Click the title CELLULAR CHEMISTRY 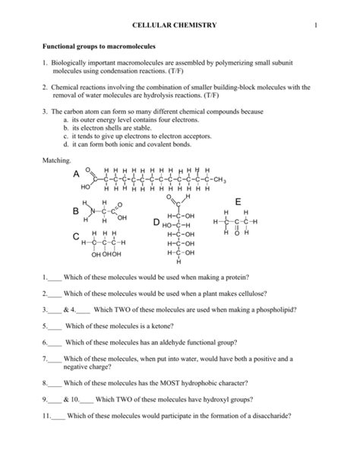tap(174, 26)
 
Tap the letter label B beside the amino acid tap(76, 210)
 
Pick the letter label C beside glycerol tap(76, 239)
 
